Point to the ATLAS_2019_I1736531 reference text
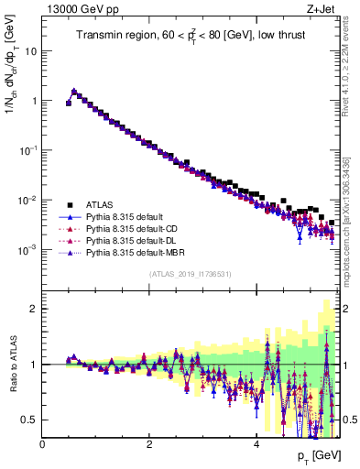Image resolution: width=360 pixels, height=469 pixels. [x=190, y=274]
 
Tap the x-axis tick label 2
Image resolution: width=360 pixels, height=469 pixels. [x=149, y=444]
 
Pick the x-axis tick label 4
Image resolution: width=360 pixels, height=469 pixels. [x=256, y=444]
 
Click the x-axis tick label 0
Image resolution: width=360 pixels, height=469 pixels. [x=42, y=444]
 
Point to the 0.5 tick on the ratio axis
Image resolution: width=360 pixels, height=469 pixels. [x=29, y=420]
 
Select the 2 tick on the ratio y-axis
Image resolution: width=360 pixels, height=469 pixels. [x=33, y=309]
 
